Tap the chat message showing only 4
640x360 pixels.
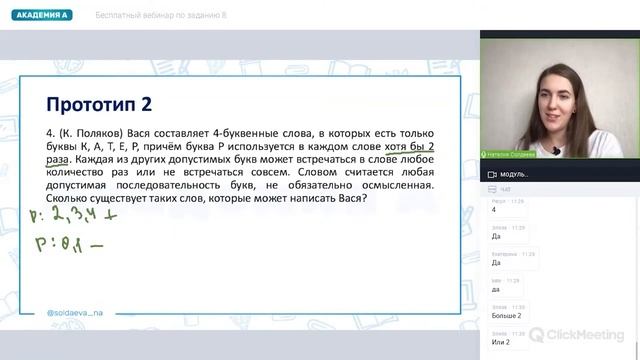[494, 210]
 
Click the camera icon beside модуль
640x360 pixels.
[491, 174]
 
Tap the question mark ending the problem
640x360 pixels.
[365, 197]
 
